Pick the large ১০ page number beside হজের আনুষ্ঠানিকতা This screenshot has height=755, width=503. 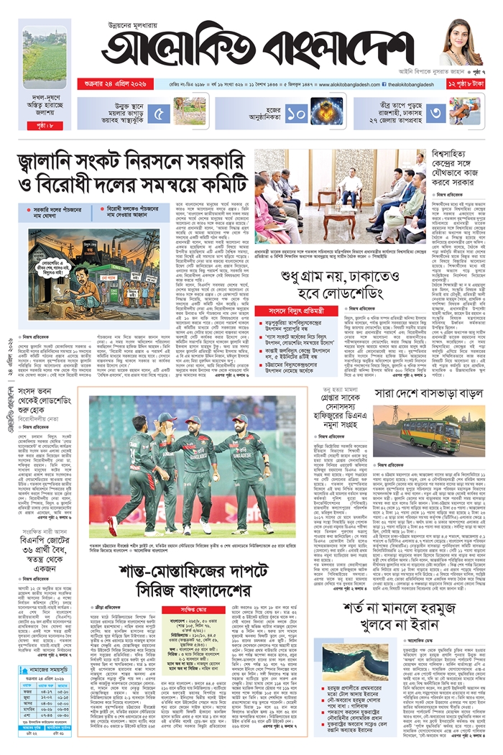296,114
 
